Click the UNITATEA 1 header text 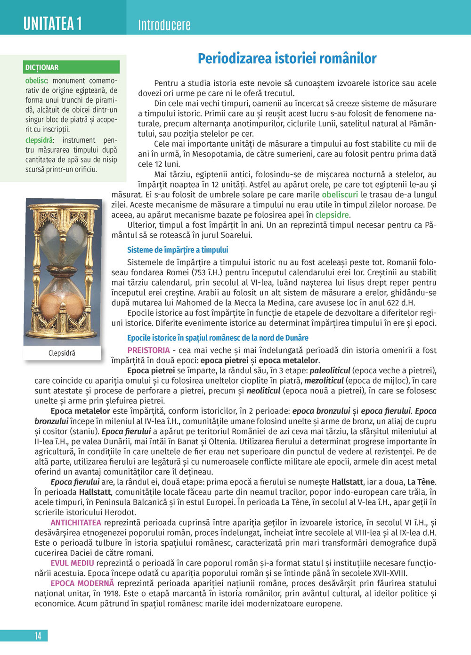coord(53,23)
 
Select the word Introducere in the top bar coord(164,25)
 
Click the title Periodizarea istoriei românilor coord(287,58)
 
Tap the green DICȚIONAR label coord(42,67)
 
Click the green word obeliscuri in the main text coord(340,195)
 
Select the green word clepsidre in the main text coord(332,215)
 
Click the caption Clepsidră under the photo coord(62,353)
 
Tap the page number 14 coord(38,636)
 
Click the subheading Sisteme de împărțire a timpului coord(178,250)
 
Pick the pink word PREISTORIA coord(148,350)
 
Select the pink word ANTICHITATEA coord(76,523)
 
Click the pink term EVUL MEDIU coord(72,563)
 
